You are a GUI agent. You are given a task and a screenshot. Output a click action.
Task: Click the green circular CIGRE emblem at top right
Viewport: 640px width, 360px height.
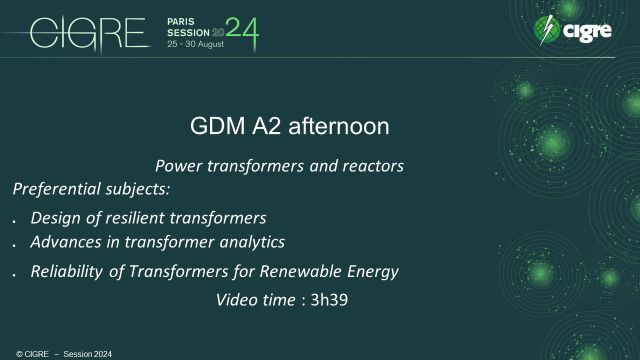(548, 30)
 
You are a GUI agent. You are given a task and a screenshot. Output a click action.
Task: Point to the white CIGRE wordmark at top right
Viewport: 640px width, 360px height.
(594, 32)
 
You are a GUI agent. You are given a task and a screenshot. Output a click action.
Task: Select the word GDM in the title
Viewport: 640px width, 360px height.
(213, 128)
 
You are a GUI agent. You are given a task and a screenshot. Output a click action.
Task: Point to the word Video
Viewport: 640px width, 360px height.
(238, 299)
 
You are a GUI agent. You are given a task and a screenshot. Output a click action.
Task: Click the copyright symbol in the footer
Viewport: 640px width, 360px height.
(6, 354)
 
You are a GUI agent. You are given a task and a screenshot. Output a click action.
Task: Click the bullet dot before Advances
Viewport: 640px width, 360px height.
(14, 245)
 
